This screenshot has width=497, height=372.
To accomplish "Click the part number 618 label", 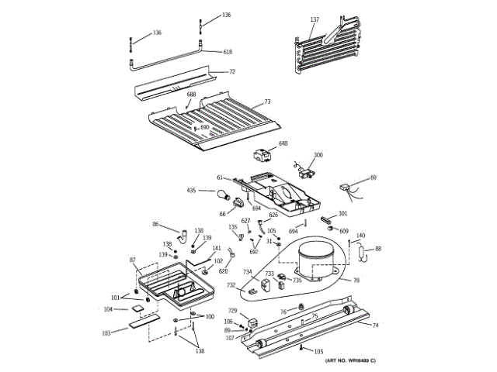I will click(x=228, y=52).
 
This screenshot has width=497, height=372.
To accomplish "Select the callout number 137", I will click(x=315, y=19).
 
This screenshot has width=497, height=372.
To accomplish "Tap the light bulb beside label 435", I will click(x=222, y=194).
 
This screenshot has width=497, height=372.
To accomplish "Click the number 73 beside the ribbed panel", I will click(x=267, y=102).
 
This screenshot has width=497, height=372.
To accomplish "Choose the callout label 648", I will click(x=283, y=143).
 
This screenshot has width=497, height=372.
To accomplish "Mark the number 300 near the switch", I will click(x=318, y=155).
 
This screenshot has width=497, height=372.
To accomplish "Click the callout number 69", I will click(x=374, y=178).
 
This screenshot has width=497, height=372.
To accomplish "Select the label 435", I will click(x=190, y=190).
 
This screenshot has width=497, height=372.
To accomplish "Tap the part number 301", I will click(x=342, y=214).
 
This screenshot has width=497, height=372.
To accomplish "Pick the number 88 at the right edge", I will click(x=378, y=249).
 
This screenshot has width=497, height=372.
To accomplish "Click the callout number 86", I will click(x=155, y=225).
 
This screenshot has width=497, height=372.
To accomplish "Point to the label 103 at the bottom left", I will click(x=106, y=332).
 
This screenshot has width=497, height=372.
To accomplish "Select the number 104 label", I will click(x=108, y=309).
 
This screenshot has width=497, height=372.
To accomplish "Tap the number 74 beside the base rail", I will click(x=375, y=325).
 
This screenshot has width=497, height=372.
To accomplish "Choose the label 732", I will click(x=231, y=285).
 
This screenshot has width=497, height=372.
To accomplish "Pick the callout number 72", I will click(x=231, y=72).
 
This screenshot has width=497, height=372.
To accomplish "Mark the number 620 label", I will click(x=223, y=271).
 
